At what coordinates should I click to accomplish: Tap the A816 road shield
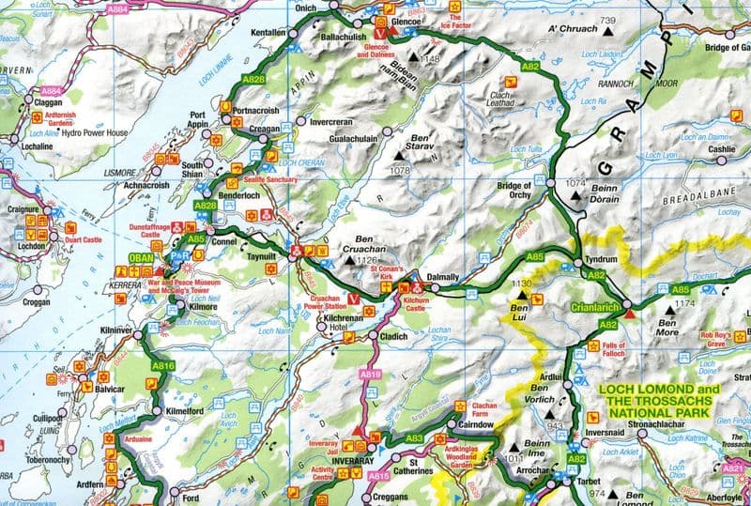point(163,366)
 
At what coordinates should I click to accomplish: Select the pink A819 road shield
point(370,374)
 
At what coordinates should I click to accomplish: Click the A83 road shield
point(414,438)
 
